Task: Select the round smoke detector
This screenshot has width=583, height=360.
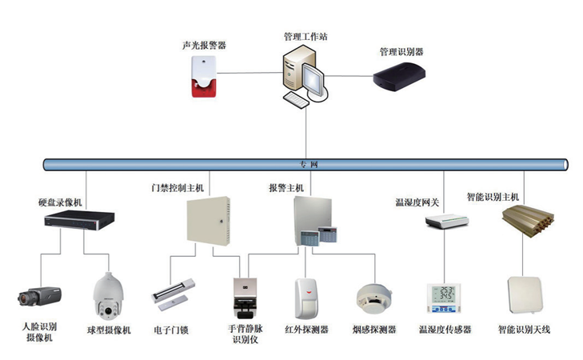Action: click(x=373, y=295)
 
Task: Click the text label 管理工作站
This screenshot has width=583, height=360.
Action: click(x=305, y=37)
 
